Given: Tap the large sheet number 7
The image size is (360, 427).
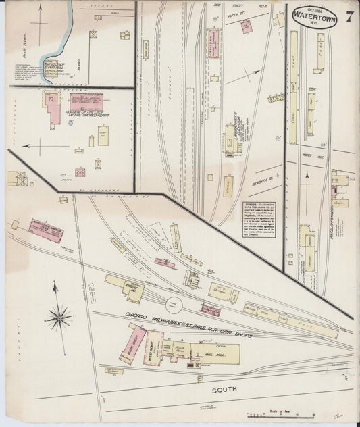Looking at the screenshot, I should tap(349, 17).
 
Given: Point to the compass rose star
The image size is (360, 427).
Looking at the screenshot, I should tap(59, 315).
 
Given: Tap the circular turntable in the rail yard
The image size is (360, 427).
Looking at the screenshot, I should tap(174, 303).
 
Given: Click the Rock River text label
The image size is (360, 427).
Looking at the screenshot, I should tap(25, 51).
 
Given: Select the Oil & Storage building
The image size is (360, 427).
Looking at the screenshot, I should tap(220, 291).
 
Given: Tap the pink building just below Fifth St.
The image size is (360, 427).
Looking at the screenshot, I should tap(247, 26).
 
